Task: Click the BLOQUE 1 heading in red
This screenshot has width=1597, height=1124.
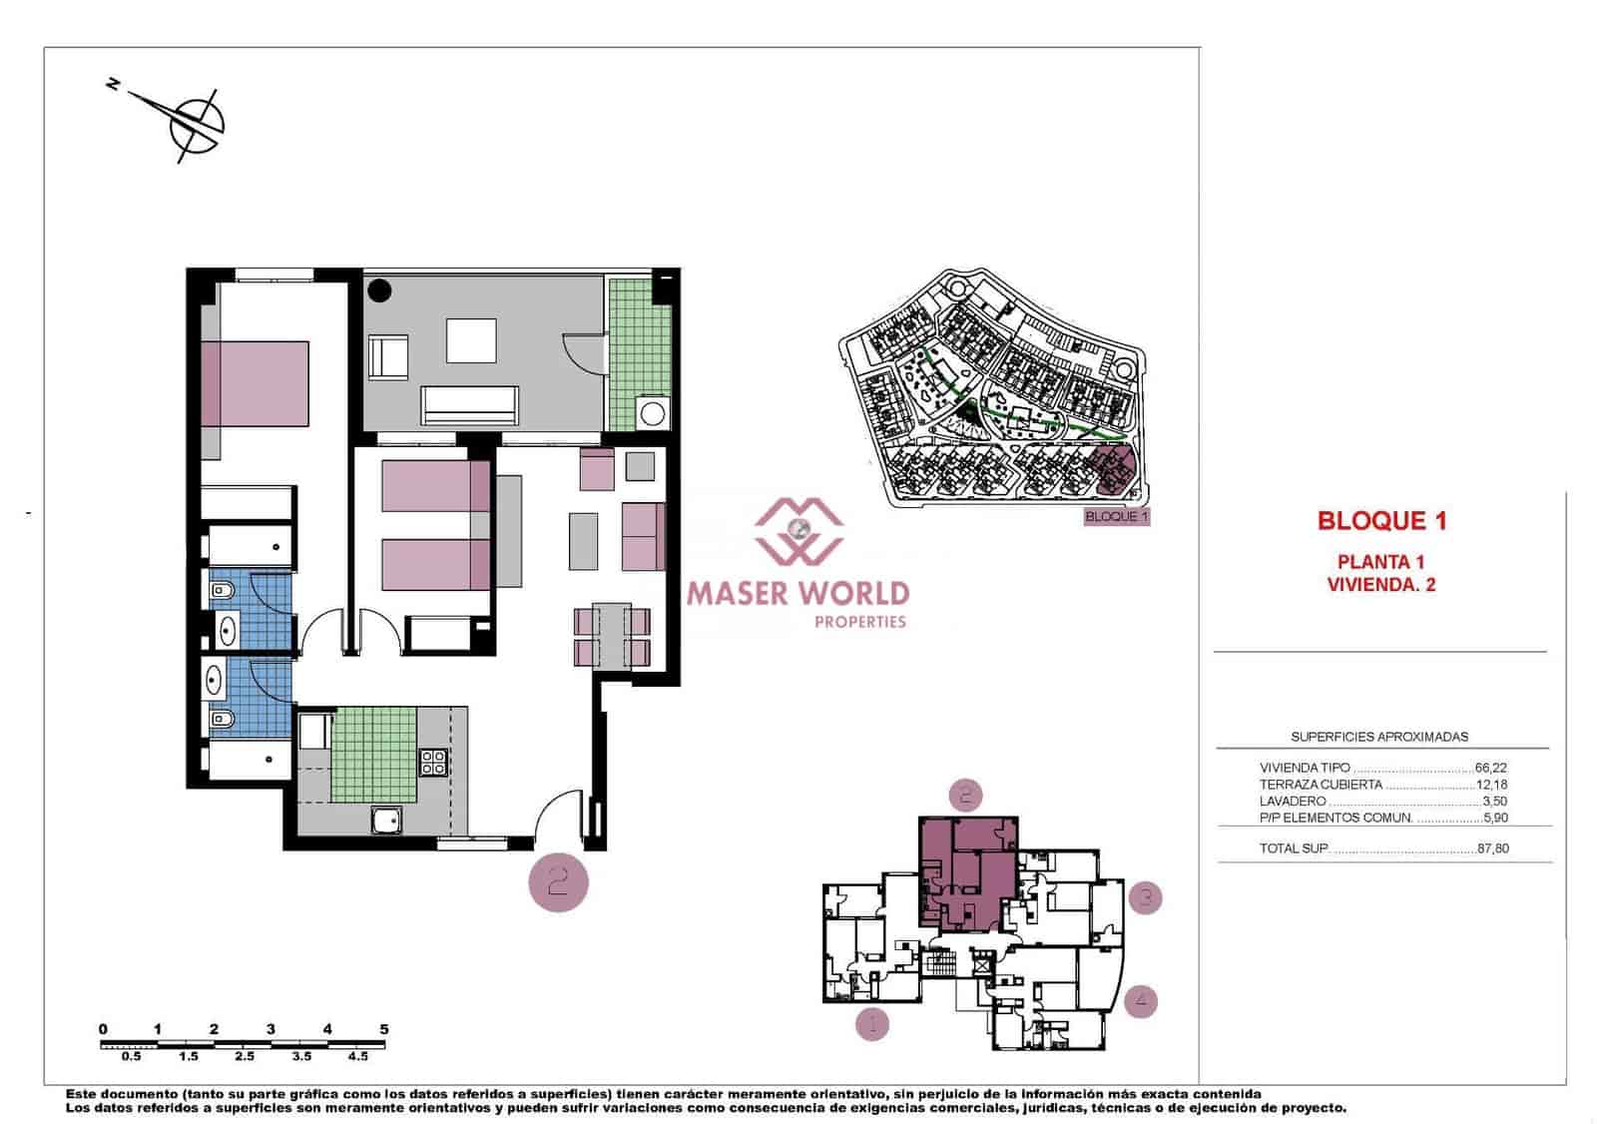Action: (x=1381, y=520)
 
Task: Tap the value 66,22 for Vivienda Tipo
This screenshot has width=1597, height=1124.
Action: (x=1490, y=768)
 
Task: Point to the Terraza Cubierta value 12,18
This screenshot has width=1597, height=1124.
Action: (x=1491, y=785)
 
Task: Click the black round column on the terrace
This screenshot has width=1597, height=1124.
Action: (x=379, y=290)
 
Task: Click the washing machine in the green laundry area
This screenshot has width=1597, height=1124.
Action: (x=654, y=413)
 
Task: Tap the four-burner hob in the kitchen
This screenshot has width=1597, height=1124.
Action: (x=433, y=763)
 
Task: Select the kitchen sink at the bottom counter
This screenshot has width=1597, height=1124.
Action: (x=386, y=821)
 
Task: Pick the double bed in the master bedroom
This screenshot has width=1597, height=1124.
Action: (x=255, y=383)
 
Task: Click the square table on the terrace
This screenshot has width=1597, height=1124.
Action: (x=471, y=340)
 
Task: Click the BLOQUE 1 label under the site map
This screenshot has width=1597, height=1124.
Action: (x=1117, y=517)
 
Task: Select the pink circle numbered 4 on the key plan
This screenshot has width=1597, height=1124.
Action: (x=1141, y=1000)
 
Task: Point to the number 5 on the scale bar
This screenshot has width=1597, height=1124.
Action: (x=384, y=1029)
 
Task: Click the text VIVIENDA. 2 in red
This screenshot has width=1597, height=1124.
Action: (x=1381, y=585)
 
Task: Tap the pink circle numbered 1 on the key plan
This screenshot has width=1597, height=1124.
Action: (x=872, y=1023)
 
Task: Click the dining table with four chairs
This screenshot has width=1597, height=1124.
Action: (x=612, y=636)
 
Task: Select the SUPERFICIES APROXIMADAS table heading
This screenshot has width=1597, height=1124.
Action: (x=1379, y=737)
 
